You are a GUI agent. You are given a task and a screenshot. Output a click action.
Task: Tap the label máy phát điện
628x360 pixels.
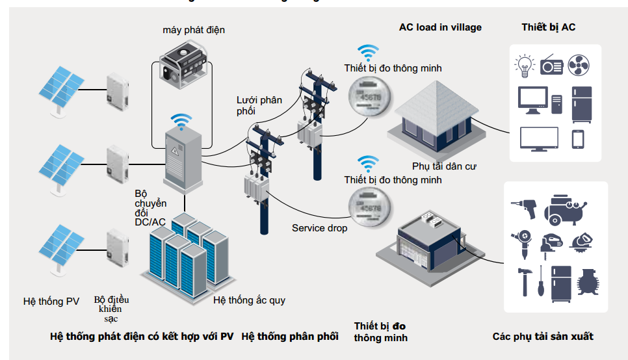coord(194,30)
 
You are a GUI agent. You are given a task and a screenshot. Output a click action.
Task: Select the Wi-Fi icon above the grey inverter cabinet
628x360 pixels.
coord(182,121)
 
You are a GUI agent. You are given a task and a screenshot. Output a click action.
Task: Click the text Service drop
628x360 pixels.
coord(319,228)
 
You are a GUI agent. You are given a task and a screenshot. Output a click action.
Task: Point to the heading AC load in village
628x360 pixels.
coord(440,27)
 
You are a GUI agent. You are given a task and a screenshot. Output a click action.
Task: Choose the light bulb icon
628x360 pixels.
coord(525,65)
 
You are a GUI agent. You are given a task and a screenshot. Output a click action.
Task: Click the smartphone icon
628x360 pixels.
coord(578,139)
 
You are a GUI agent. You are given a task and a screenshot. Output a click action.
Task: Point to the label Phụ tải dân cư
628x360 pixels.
coord(445,166)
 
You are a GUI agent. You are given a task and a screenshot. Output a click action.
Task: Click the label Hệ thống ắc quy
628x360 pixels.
coord(249,300)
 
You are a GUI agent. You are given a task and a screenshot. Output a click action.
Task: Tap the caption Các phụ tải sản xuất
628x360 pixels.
coord(543,336)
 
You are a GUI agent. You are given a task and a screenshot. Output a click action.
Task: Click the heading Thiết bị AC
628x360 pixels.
coord(548,27)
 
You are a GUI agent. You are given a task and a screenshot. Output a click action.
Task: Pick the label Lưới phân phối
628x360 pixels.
coord(259,105)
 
